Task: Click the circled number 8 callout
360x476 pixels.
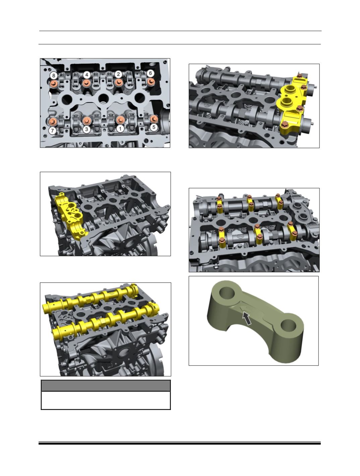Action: tap(54, 76)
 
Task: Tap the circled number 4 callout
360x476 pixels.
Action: tap(86, 75)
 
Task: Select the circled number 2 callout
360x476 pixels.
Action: tap(118, 74)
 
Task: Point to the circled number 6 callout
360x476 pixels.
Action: tap(150, 73)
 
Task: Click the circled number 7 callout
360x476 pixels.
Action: tap(52, 131)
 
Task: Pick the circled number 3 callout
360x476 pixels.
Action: tap(86, 129)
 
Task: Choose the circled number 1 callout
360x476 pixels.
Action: tap(120, 129)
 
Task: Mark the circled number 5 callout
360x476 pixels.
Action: tap(154, 127)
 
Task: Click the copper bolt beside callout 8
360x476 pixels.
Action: tap(54, 84)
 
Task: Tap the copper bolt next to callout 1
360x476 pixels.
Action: tap(120, 120)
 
